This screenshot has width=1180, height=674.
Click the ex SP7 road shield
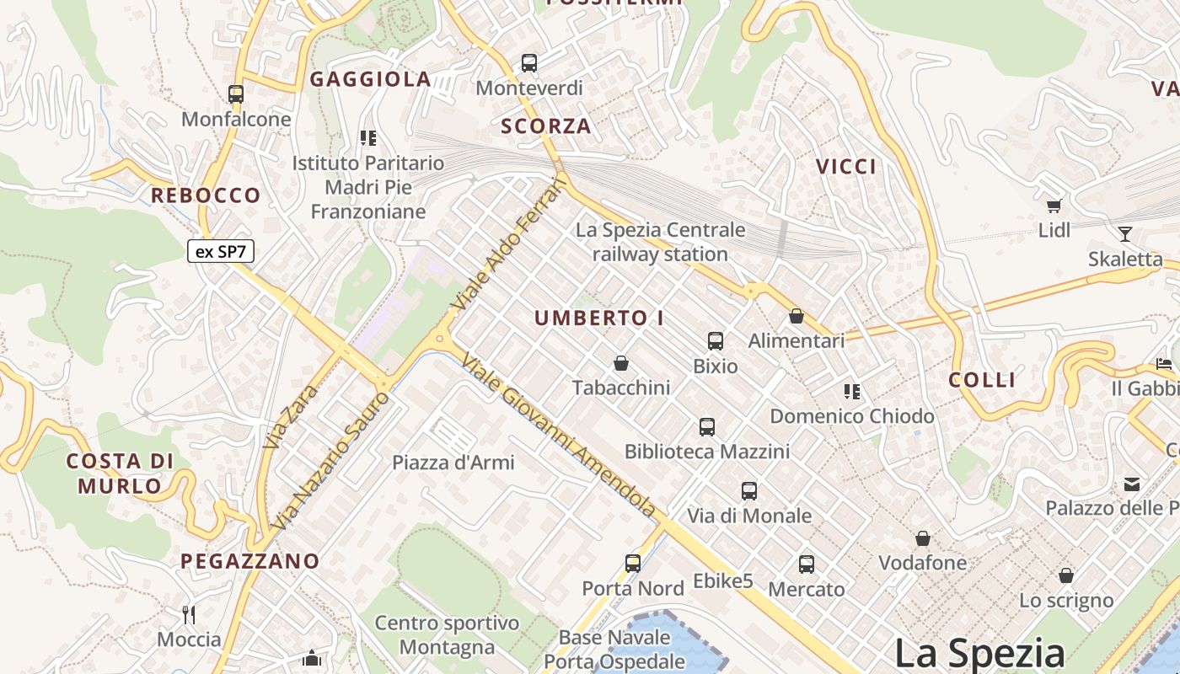(220, 251)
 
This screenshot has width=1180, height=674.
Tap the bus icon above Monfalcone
(236, 94)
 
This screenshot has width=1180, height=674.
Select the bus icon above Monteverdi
(529, 63)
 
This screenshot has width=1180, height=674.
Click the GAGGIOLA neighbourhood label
(371, 80)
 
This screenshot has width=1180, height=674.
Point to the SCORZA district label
(546, 126)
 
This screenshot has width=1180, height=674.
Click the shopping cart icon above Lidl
(1054, 206)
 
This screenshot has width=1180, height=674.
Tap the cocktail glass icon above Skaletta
(1125, 234)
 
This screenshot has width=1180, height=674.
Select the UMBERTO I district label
(599, 318)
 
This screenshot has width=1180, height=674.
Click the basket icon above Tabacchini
(621, 363)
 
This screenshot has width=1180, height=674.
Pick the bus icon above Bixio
(716, 341)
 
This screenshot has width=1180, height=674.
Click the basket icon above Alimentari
(796, 317)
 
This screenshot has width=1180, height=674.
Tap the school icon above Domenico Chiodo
(852, 392)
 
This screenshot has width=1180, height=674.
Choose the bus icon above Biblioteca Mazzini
(707, 427)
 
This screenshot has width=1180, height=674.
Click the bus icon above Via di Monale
(749, 491)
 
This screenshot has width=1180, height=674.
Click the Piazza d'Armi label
(453, 463)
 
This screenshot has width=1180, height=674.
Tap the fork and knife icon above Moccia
(189, 614)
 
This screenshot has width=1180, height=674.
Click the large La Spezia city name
(979, 653)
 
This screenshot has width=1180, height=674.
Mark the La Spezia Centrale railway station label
(661, 242)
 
